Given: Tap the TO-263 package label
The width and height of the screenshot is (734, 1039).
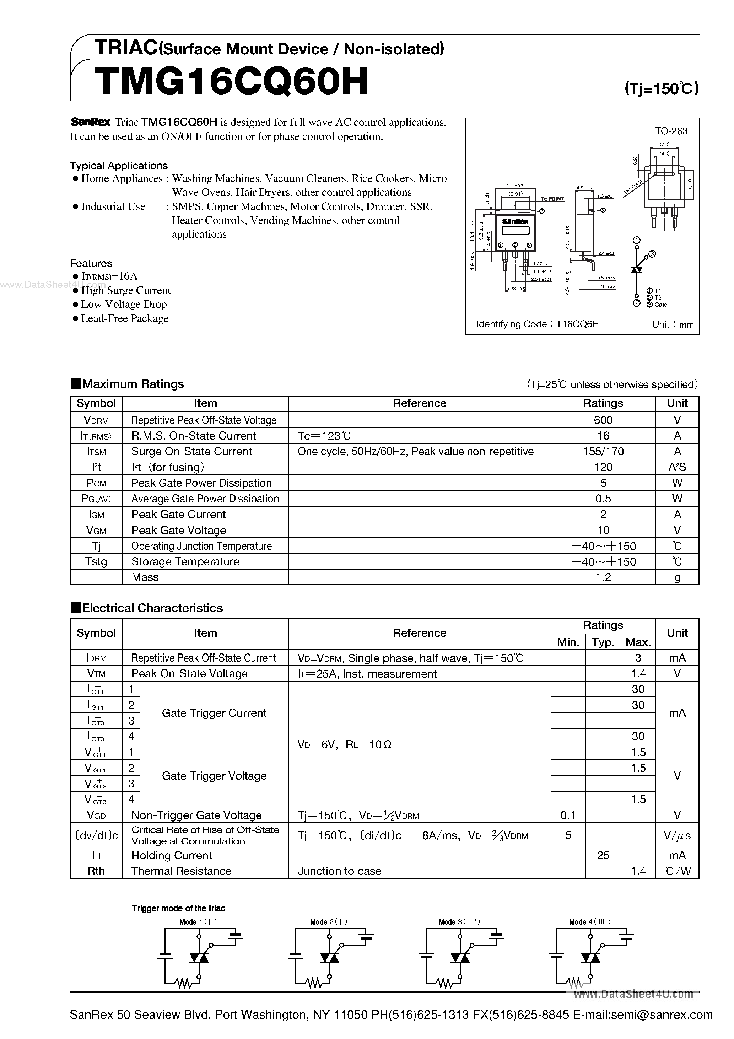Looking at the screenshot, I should pyautogui.click(x=671, y=131).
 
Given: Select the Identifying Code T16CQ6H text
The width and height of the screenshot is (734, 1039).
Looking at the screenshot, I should pyautogui.click(x=537, y=324).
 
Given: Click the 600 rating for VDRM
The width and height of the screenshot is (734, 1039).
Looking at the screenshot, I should pyautogui.click(x=603, y=420).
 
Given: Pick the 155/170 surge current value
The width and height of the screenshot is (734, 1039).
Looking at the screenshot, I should pyautogui.click(x=603, y=451).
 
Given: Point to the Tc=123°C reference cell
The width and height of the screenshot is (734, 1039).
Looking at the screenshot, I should pyautogui.click(x=324, y=436).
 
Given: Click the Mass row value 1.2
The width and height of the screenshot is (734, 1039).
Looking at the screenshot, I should pyautogui.click(x=603, y=577).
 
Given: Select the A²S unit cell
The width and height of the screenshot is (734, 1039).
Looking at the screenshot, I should pyautogui.click(x=677, y=467).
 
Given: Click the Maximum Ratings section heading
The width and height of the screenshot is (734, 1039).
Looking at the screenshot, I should pyautogui.click(x=128, y=384).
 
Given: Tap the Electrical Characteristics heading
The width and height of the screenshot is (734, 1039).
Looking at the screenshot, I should pyautogui.click(x=147, y=608).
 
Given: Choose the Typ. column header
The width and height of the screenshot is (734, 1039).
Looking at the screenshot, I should pyautogui.click(x=603, y=642).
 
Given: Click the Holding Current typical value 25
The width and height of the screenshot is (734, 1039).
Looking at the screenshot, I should pyautogui.click(x=603, y=855).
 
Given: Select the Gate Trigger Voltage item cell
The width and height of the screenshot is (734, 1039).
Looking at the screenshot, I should pyautogui.click(x=214, y=776).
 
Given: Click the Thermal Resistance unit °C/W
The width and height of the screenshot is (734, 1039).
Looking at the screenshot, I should pyautogui.click(x=677, y=871).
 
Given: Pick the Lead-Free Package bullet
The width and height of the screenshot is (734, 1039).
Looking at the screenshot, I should pyautogui.click(x=124, y=319).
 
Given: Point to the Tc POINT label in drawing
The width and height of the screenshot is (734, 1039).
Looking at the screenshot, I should pyautogui.click(x=552, y=199).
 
